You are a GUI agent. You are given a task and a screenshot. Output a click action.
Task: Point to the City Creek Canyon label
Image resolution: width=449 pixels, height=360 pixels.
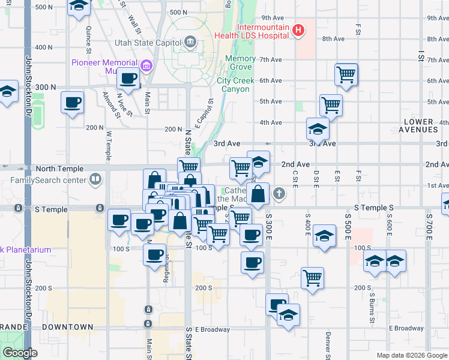[233, 85]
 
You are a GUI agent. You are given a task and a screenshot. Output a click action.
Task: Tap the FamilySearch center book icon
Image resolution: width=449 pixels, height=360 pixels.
[95, 179]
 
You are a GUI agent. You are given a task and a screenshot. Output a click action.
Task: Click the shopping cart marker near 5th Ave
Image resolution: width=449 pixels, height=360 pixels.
[331, 106]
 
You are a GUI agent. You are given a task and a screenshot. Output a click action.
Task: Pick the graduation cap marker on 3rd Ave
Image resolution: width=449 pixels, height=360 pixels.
[318, 128]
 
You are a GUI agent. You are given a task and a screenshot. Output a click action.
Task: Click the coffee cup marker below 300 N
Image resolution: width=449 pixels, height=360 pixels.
[72, 103]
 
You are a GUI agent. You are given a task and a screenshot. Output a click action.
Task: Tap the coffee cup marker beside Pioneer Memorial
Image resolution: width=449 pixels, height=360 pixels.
[129, 79]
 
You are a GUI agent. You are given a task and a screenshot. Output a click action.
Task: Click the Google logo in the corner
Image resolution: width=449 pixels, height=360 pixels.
[20, 353]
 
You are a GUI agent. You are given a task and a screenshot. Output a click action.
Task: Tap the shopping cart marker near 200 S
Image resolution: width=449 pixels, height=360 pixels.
[312, 278]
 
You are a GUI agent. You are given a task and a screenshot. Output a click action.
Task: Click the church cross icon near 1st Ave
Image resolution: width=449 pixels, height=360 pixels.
[279, 193]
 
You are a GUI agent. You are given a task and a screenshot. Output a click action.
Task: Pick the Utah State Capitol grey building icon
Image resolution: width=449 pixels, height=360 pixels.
[190, 41]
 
